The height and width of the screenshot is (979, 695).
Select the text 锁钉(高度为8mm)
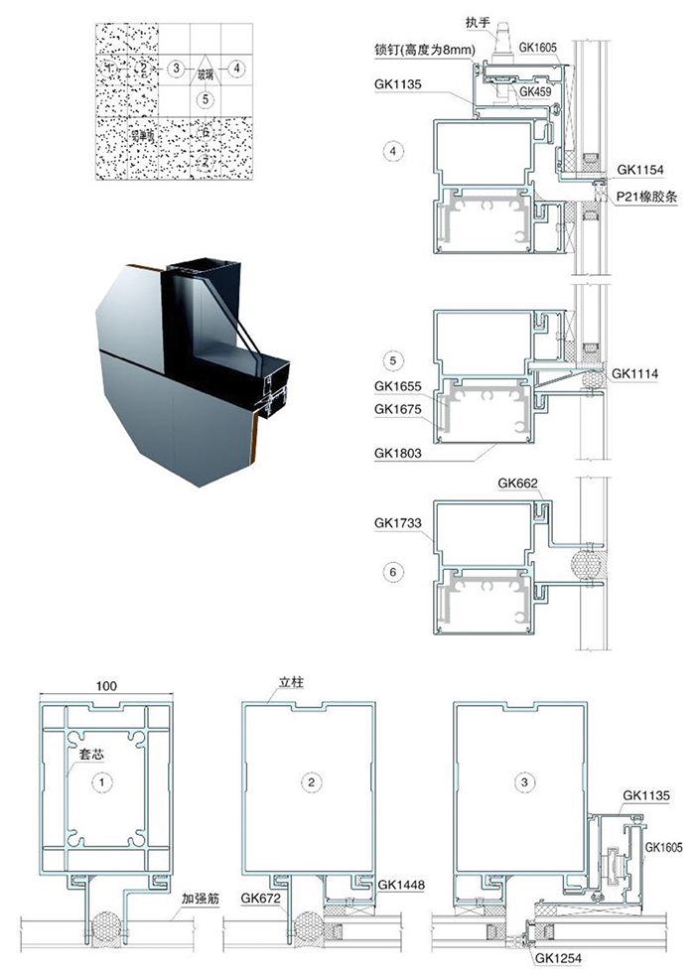(427, 50)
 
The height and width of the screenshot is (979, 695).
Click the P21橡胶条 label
(645, 197)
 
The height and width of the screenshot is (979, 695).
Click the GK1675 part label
(398, 408)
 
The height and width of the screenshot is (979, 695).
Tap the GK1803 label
(398, 452)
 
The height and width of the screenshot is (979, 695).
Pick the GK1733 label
(398, 521)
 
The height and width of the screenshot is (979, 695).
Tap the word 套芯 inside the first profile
(91, 755)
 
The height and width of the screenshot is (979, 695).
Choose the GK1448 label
(374, 884)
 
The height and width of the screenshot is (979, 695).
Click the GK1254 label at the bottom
(559, 959)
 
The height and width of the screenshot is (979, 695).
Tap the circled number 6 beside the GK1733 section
(394, 572)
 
